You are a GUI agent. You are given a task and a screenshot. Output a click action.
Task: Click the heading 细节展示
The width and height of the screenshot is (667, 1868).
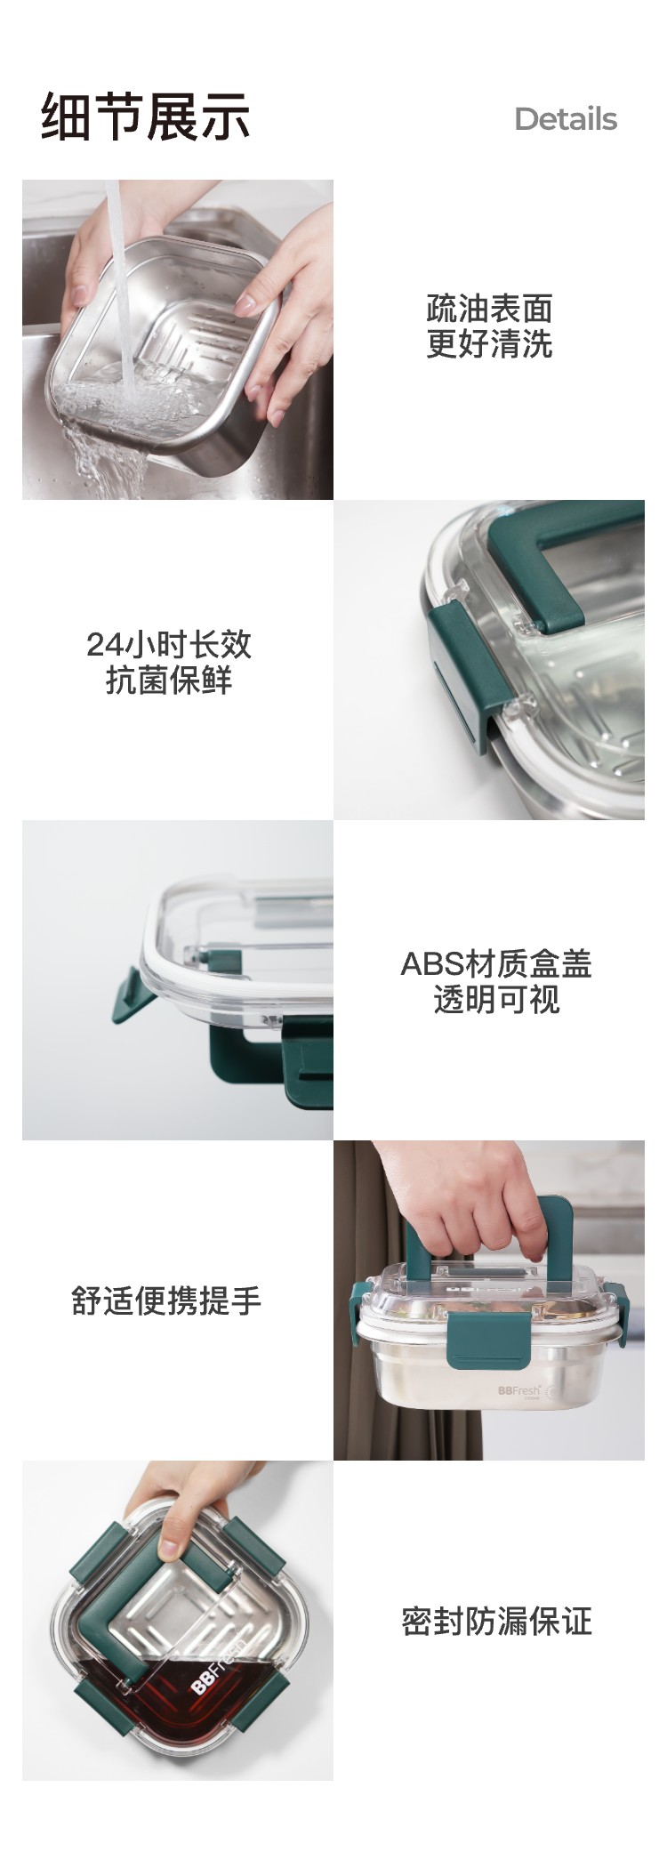[146, 117]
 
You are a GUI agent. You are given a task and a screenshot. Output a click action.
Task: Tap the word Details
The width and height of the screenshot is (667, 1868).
[566, 119]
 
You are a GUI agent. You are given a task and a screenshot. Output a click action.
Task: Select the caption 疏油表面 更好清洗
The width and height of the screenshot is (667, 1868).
[489, 326]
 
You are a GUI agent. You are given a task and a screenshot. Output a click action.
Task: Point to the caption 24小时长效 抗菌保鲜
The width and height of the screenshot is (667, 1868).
[169, 662]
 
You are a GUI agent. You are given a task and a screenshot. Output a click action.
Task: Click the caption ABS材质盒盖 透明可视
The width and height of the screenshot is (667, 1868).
[496, 981]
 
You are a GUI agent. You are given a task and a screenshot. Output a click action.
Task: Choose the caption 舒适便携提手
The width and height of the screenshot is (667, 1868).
[166, 1300]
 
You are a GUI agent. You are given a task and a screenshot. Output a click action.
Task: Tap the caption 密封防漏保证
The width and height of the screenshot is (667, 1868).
[496, 1621]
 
